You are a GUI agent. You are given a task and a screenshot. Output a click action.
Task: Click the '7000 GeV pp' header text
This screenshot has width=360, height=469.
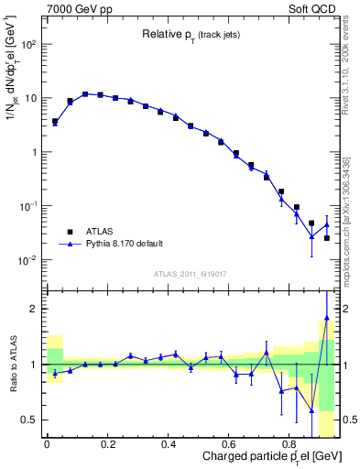pyautogui.click(x=76, y=8)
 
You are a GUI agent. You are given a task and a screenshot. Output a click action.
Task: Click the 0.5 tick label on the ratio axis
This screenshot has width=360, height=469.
pyautogui.click(x=31, y=420)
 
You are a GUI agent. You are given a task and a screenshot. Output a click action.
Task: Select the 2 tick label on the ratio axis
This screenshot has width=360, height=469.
pyautogui.click(x=35, y=309)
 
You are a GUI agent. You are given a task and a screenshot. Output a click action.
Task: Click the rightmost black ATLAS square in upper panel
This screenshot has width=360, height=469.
pyautogui.click(x=326, y=238)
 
